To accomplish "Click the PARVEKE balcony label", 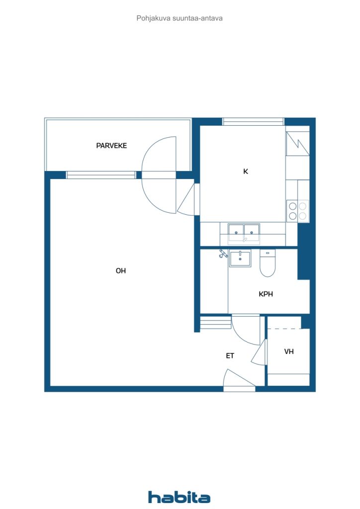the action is click(x=111, y=146).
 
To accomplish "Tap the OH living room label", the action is click(x=121, y=271).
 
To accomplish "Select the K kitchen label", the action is click(x=246, y=171).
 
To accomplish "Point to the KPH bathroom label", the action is click(x=266, y=294).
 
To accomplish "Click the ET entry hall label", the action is click(x=230, y=356).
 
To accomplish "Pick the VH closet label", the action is click(x=289, y=351).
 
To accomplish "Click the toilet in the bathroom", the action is click(x=268, y=263).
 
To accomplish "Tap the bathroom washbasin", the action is click(x=240, y=258).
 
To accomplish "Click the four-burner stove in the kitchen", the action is click(x=298, y=211).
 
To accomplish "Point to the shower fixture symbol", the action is click(x=223, y=254).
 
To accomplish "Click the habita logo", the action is click(x=179, y=497).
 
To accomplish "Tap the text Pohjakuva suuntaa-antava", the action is click(x=180, y=18).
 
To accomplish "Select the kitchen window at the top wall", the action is click(x=253, y=122).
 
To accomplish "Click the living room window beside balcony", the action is click(x=101, y=175).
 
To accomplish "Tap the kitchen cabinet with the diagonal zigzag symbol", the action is click(x=297, y=144).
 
